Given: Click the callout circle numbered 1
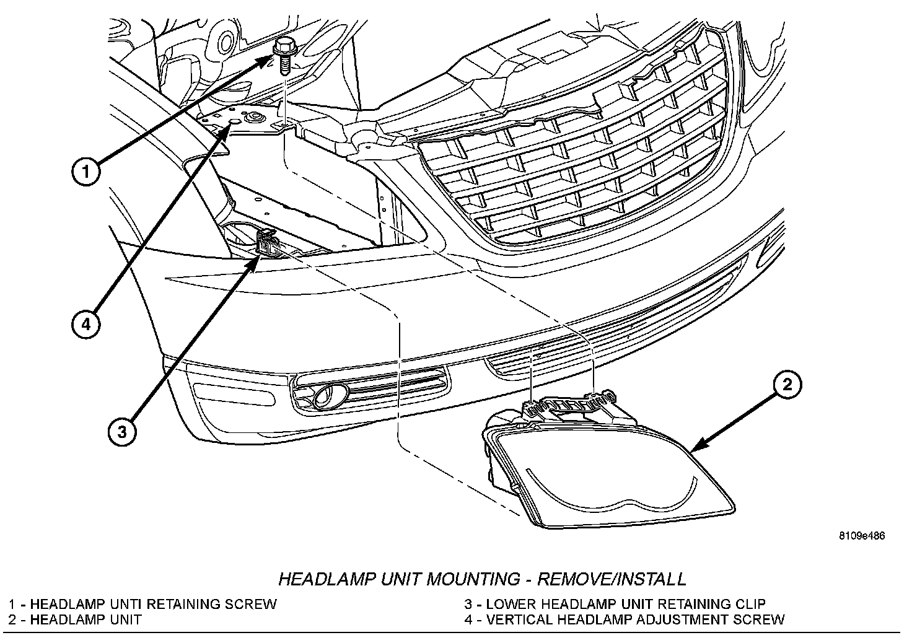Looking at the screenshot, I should pos(84,172).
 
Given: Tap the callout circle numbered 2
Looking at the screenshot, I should pos(786,385).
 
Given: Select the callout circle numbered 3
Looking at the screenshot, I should pos(122,431).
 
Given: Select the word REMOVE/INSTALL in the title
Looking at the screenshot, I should pos(612,579).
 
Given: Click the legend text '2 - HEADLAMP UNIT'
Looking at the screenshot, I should pos(75,619).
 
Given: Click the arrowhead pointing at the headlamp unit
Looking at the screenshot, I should pos(696,447).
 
